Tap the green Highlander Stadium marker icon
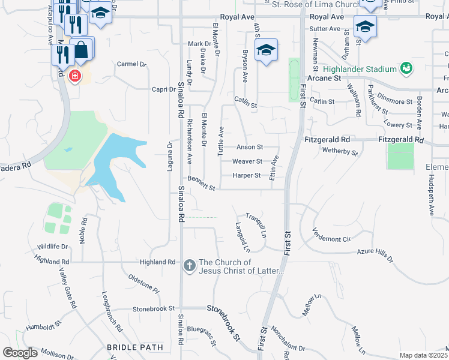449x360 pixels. (x=406, y=68)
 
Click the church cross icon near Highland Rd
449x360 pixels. (x=190, y=265)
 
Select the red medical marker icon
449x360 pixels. (x=74, y=76)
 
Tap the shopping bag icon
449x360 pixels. (x=82, y=50)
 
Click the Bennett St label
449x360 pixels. (x=201, y=183)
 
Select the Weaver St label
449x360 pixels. (x=247, y=161)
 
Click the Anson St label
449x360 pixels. (x=250, y=147)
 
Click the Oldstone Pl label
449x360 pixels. (x=144, y=284)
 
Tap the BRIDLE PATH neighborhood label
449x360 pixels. (x=135, y=347)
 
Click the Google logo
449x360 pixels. (x=20, y=353)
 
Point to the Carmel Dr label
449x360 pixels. (x=131, y=64)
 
